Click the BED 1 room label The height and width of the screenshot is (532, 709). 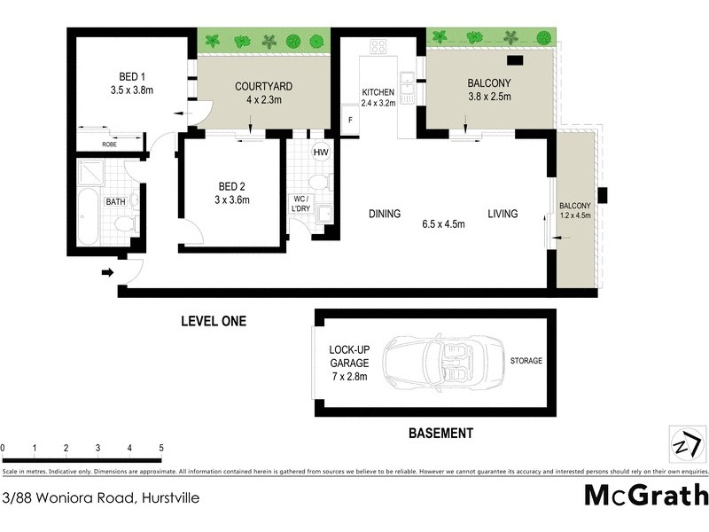(130, 76)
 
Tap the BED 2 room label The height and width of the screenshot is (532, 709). (232, 186)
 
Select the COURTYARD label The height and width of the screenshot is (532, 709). (263, 86)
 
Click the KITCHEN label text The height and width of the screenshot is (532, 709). (377, 92)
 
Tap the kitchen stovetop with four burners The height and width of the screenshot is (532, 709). (378, 47)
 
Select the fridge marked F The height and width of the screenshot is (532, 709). (350, 119)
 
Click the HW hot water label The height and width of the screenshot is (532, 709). (320, 153)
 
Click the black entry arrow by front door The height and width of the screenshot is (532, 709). (107, 272)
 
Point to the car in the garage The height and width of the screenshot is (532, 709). (438, 362)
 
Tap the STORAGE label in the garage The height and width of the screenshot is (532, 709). (526, 361)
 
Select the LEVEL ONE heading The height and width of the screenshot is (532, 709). (214, 321)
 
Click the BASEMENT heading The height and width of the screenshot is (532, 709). (440, 434)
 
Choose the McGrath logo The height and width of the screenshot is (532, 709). (646, 495)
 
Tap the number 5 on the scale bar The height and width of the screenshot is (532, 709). (161, 449)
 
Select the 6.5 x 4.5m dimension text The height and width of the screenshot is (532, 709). (443, 223)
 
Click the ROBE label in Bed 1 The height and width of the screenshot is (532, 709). (109, 143)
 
